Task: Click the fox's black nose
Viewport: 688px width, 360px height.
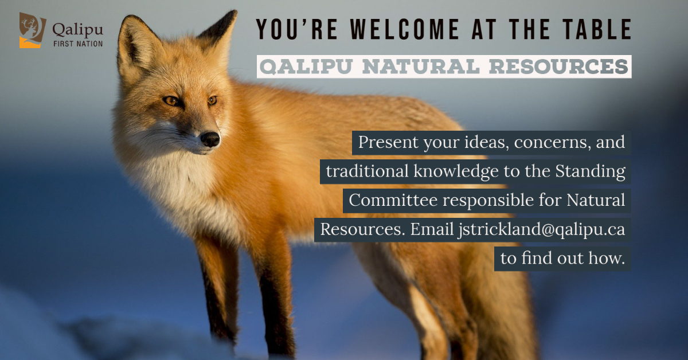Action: pyautogui.click(x=210, y=139)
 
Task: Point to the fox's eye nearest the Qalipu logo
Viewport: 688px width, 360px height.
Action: pyautogui.click(x=171, y=100)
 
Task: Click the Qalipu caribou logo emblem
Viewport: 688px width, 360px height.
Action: pyautogui.click(x=32, y=30)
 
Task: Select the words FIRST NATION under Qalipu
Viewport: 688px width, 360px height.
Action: pyautogui.click(x=78, y=44)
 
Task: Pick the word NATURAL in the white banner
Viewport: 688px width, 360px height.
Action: pyautogui.click(x=421, y=66)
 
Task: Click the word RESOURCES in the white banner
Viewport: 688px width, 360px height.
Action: pyautogui.click(x=558, y=66)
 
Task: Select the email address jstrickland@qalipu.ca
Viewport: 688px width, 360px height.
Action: pyautogui.click(x=541, y=230)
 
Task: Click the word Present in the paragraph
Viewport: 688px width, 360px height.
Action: pyautogui.click(x=388, y=142)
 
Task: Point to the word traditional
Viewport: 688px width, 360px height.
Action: pyautogui.click(x=367, y=171)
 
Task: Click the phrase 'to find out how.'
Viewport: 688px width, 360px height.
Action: pyautogui.click(x=562, y=258)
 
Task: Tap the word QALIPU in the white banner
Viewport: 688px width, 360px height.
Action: pyautogui.click(x=306, y=66)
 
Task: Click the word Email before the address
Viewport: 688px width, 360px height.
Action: pyautogui.click(x=432, y=229)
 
